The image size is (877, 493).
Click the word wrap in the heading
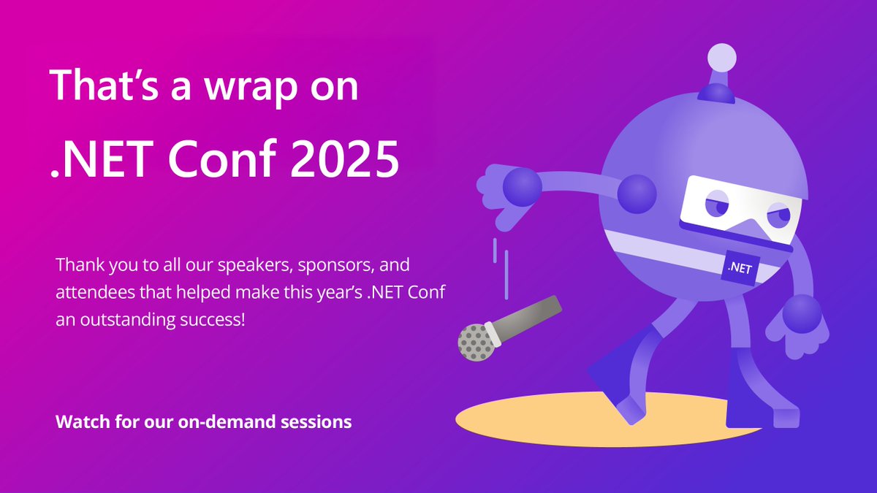[235, 87]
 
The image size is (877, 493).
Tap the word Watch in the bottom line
[79, 422]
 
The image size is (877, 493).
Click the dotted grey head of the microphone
[475, 341]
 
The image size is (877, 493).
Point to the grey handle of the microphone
[530, 316]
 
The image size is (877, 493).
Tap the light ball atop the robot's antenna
[722, 57]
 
